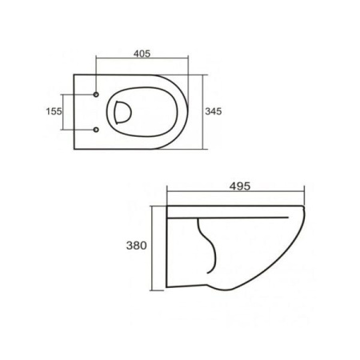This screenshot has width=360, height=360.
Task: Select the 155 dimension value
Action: point(53,111)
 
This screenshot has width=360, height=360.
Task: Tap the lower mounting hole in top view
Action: point(96,130)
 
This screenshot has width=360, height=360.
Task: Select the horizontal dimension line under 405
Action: point(148,60)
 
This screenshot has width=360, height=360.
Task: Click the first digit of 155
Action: point(47,111)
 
